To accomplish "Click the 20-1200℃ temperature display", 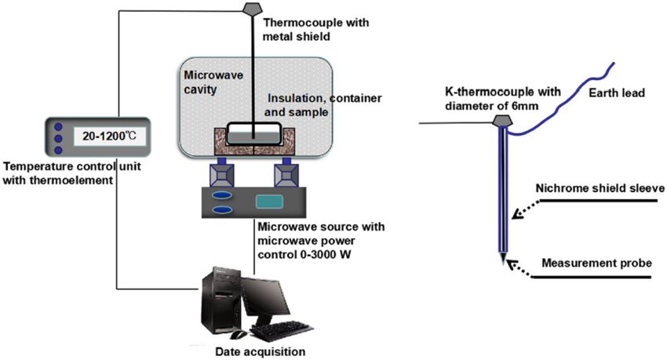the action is point(110,136).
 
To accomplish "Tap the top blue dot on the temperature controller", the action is point(59,126).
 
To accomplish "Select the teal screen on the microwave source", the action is point(269,202).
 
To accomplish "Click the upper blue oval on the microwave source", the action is point(222,195).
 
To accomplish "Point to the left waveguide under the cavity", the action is point(221,173).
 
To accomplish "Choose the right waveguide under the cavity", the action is point(286,173).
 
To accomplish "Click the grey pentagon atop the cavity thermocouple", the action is point(253,8).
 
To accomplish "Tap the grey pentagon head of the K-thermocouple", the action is point(502,120).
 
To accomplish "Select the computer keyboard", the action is point(282,331).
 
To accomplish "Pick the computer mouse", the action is point(239,334).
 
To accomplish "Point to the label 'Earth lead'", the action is point(617,93).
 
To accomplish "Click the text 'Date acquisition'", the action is point(261,352).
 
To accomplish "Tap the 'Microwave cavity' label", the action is point(213,82).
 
